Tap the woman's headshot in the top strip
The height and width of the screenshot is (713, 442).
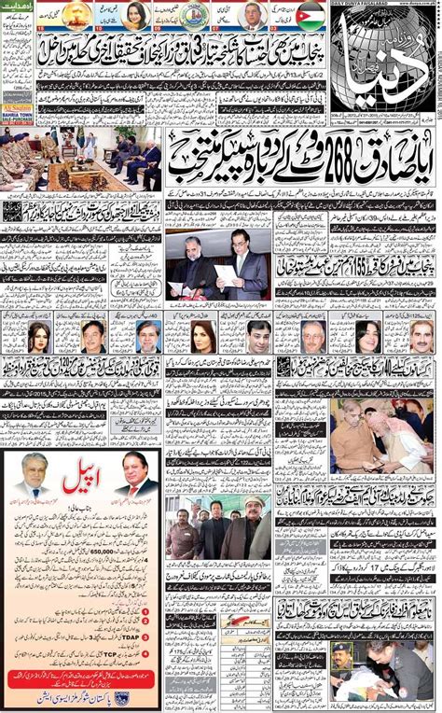133,15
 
